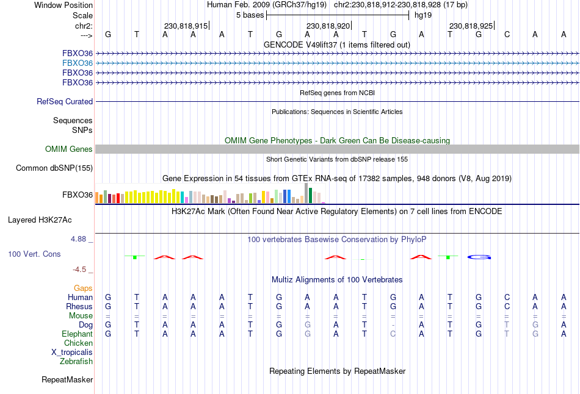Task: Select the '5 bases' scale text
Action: pos(249,15)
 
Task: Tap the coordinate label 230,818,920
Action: pos(328,26)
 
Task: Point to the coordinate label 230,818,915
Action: pos(186,26)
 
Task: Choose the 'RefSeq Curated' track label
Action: pos(65,102)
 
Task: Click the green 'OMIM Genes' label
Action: pos(69,149)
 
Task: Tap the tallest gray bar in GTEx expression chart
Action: pos(306,193)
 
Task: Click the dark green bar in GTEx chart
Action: pos(311,195)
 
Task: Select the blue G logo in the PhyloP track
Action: pos(479,257)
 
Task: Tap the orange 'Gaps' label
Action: pos(83,288)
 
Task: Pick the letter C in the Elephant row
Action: pos(393,334)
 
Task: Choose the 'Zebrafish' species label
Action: pos(76,362)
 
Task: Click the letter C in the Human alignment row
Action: pos(507,297)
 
